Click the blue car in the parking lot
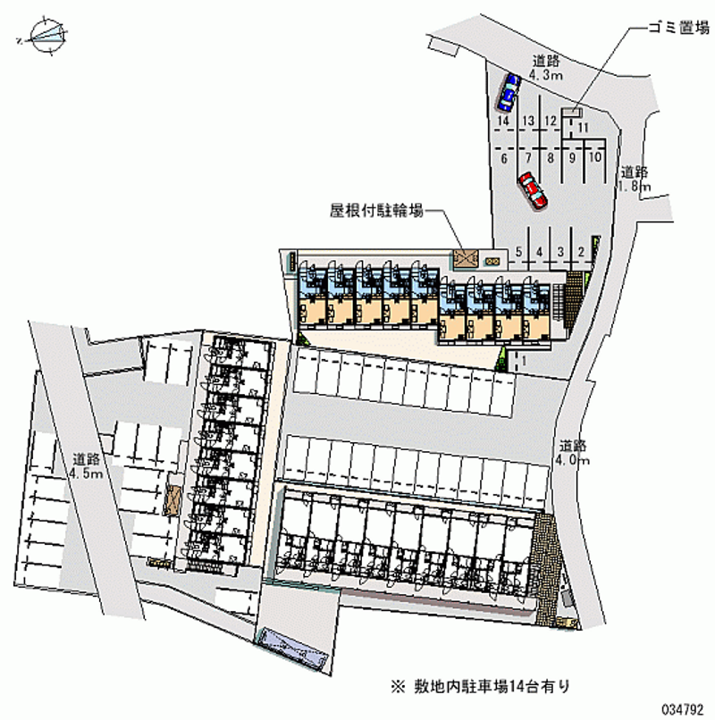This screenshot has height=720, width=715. click(x=509, y=90)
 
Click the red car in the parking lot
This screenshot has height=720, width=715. click(x=533, y=190)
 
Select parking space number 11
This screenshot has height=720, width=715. click(x=582, y=128)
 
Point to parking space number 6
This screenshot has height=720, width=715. click(x=505, y=158)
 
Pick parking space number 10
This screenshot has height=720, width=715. click(x=593, y=158)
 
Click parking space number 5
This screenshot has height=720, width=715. click(x=519, y=252)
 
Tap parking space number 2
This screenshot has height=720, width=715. click(x=582, y=252)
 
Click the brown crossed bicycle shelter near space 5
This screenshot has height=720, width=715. click(x=466, y=259)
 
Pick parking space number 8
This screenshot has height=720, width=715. click(x=551, y=158)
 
